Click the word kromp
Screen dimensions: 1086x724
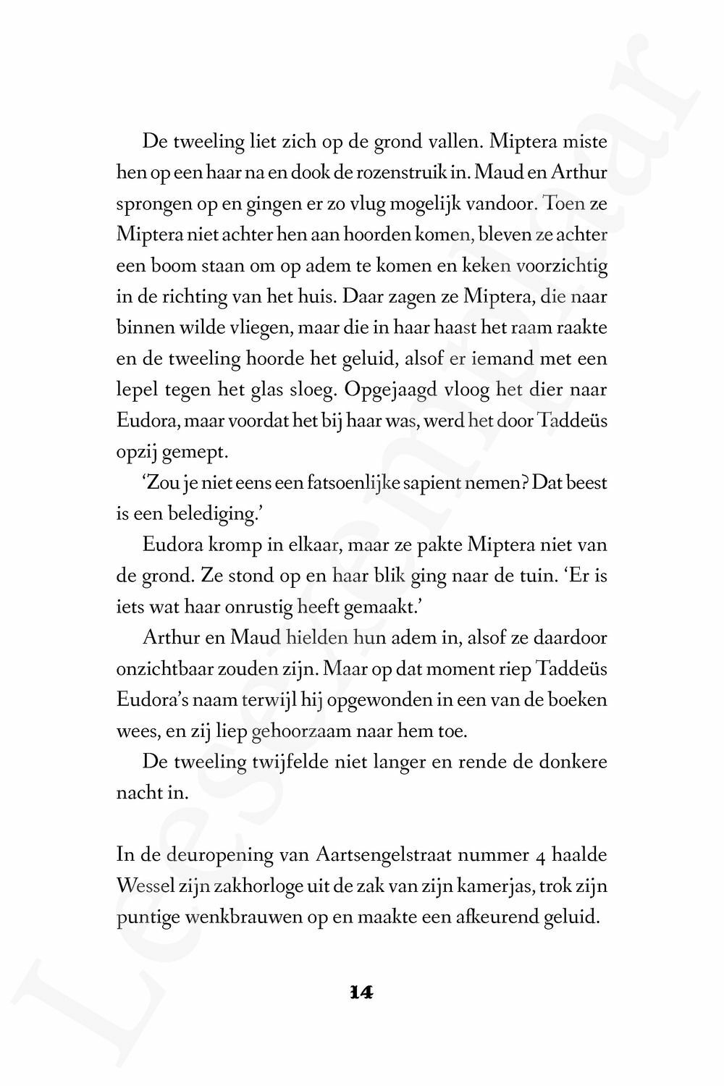pos(237,544)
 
